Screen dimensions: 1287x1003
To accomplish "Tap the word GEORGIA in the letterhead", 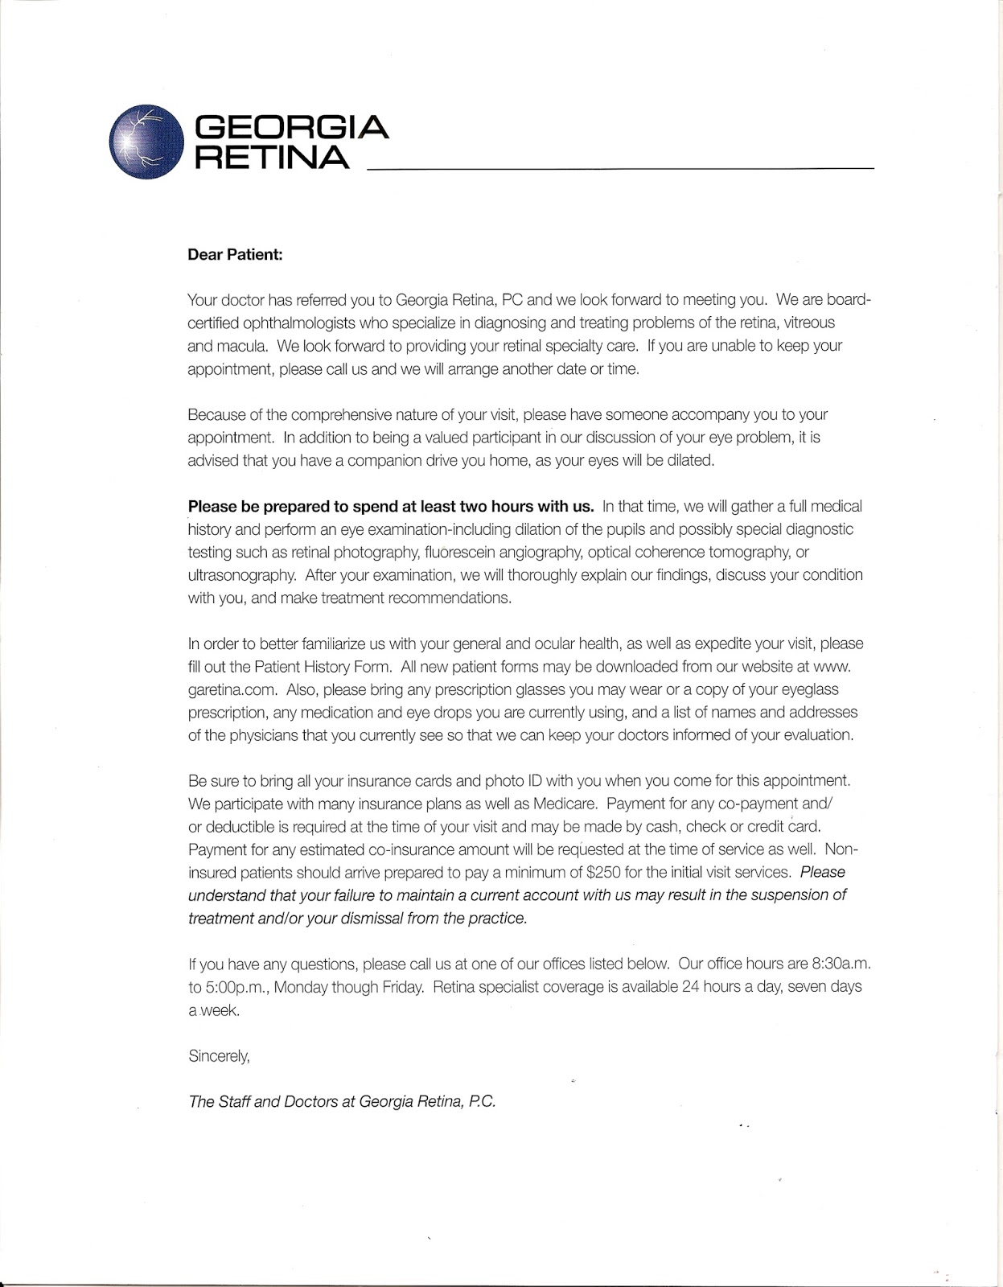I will pyautogui.click(x=293, y=127).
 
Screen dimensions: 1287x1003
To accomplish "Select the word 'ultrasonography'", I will pyautogui.click(x=234, y=575).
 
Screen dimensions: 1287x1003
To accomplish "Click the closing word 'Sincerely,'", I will pyautogui.click(x=219, y=1056).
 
